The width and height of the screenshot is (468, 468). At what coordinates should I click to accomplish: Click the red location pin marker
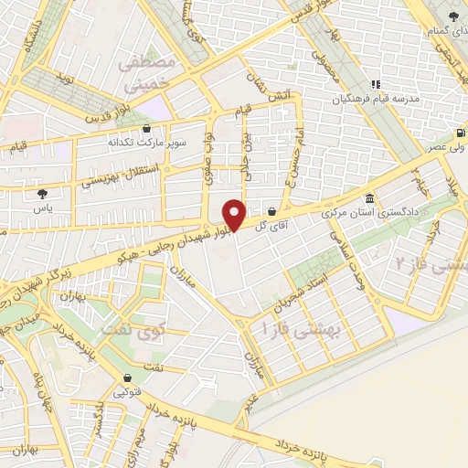point(234,214)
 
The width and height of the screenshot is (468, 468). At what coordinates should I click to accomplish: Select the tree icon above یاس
point(41,193)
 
